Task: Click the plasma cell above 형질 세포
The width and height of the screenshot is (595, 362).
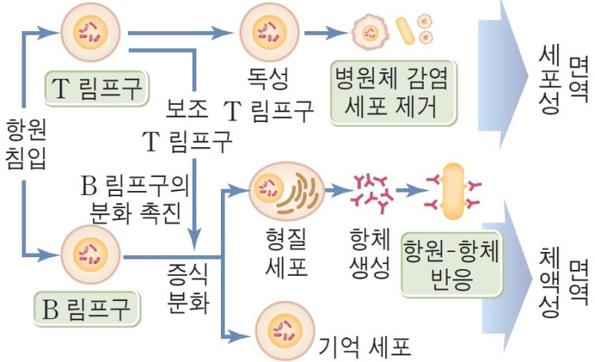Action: coord(286,192)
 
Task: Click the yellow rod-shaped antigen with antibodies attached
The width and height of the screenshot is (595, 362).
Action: coord(452,193)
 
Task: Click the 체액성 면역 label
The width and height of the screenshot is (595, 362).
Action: coord(561,282)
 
